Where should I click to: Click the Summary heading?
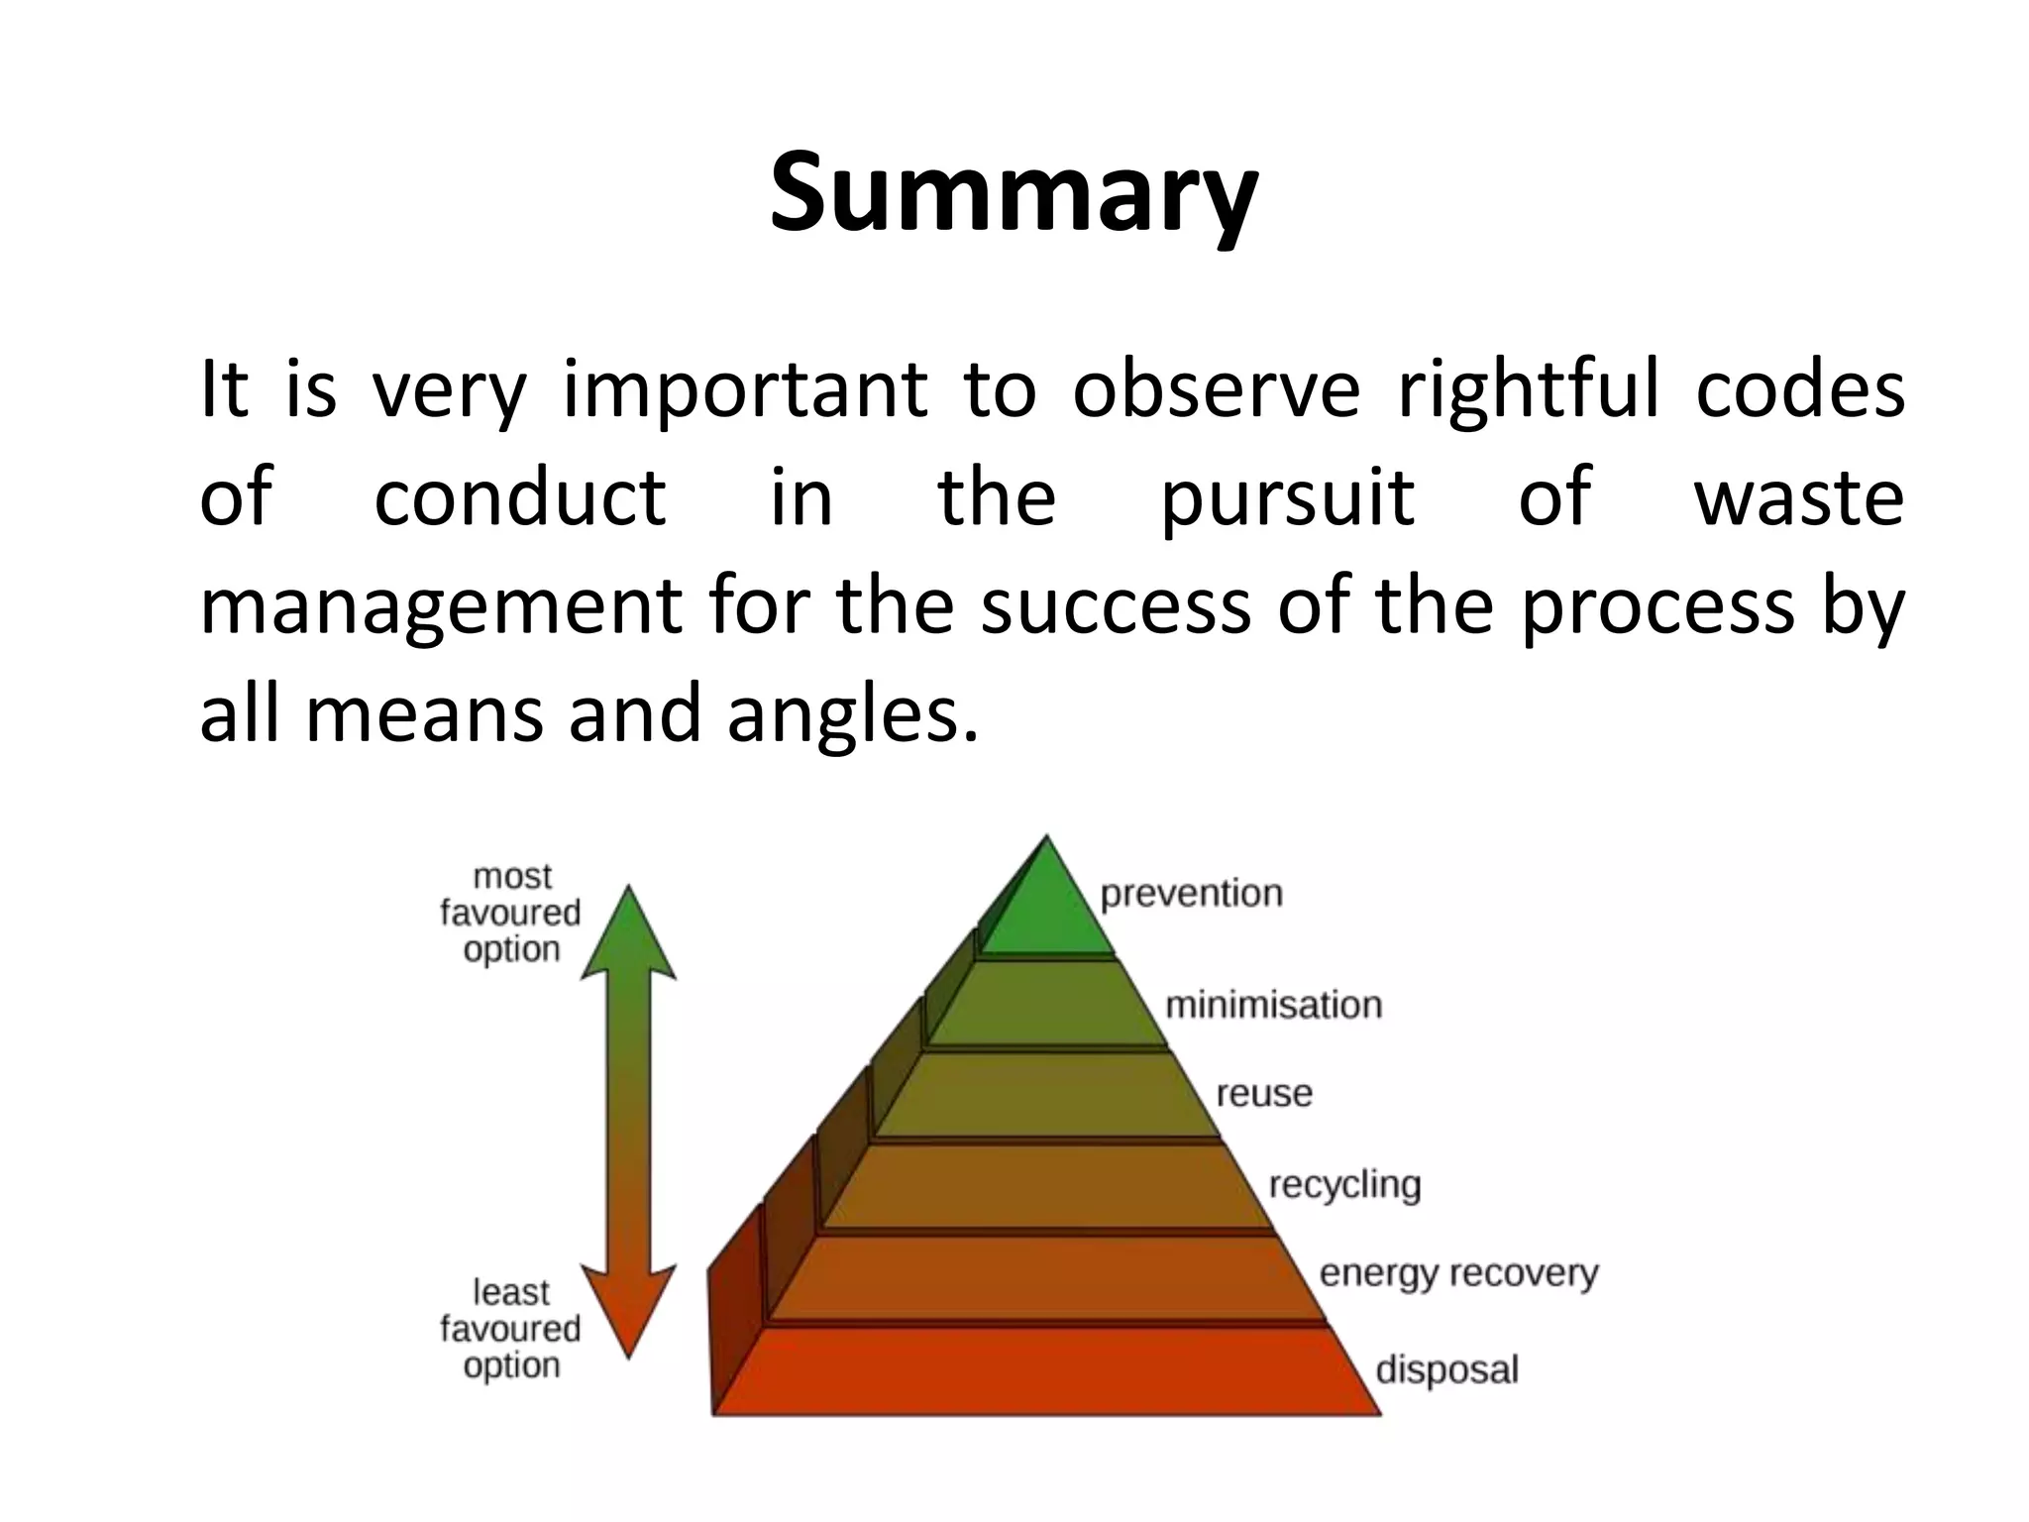click(1014, 193)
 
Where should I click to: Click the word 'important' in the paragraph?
click(745, 390)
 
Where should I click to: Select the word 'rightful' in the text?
click(1527, 390)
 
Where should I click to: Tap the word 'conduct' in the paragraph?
click(519, 497)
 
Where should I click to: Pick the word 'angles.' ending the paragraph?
click(852, 715)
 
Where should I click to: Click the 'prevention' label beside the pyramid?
click(1191, 894)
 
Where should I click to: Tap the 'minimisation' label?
click(1273, 1005)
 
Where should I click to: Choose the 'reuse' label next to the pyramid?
click(1263, 1094)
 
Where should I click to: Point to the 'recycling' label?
click(1344, 1185)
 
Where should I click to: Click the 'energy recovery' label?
click(1458, 1273)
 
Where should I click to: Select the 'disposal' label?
click(1446, 1370)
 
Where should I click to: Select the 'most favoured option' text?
click(510, 913)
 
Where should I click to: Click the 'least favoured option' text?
click(510, 1329)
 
